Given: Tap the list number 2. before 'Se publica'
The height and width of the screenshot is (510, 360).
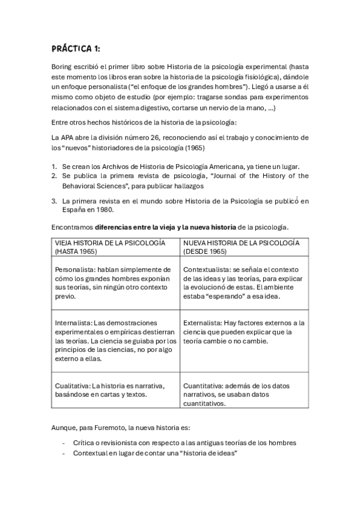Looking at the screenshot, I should (53, 176).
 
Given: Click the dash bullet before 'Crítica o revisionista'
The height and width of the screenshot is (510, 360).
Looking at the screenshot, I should (64, 443).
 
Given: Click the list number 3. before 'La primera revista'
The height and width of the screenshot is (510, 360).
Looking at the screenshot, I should (53, 201).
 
